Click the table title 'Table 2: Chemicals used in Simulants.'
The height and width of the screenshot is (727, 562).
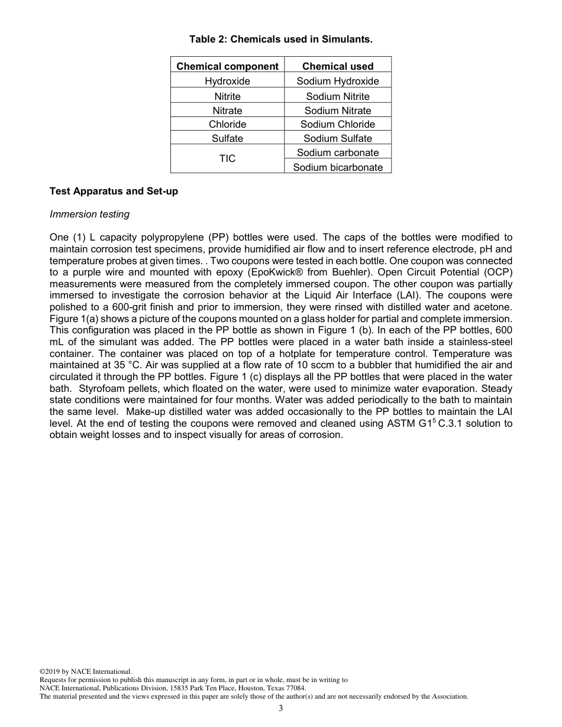tap(281, 40)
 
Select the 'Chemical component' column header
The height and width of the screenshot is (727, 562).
tap(227, 66)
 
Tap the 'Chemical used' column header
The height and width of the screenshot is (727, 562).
tap(338, 66)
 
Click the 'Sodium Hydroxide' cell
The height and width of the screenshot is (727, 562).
tap(338, 81)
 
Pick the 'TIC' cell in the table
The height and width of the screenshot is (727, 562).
tap(227, 158)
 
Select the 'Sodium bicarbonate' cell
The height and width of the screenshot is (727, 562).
tap(338, 167)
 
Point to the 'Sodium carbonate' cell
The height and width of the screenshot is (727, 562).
tap(338, 152)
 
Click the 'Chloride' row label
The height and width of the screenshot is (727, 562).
tap(227, 124)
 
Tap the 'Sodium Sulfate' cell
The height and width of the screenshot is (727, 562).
tap(338, 138)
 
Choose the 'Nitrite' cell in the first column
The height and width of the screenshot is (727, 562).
tap(227, 96)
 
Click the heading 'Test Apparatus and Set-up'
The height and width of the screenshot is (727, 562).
tap(114, 192)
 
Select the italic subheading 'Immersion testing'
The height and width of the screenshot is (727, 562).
tap(89, 214)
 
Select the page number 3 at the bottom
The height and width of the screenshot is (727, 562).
tap(281, 709)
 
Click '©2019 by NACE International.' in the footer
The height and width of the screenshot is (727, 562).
tap(85, 671)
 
